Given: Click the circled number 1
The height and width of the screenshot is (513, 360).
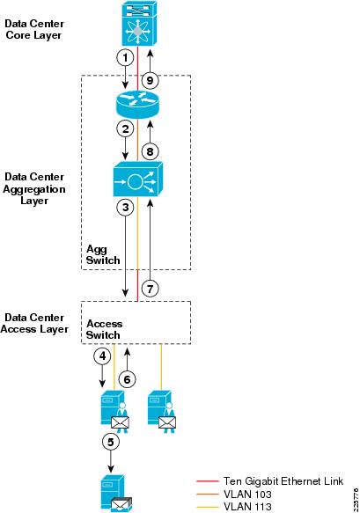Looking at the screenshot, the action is pos(125,58).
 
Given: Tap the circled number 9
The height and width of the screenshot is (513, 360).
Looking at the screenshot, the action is pos(150,80).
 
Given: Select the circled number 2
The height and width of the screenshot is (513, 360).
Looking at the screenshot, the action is pos(125,128).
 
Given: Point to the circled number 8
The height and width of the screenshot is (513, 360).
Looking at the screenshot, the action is pos(150,151).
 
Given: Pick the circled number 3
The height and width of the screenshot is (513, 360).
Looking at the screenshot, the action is pos(125,208).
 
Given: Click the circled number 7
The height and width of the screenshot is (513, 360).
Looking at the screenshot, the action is pos(150,289).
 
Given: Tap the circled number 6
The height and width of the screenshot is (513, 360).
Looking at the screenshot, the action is pos(127,379).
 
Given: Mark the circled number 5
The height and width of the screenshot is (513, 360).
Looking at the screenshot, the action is pos(111,442).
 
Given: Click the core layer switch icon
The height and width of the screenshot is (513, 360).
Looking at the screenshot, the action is pos(139,24).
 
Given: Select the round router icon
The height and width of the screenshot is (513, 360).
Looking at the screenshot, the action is pos(138,104).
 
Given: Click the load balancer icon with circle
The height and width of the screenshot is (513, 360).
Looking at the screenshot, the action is pos(138,180).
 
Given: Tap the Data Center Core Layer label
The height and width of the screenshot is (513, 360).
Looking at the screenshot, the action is pos(34,29).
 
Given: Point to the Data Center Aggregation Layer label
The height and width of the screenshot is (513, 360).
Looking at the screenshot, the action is pos(34,189).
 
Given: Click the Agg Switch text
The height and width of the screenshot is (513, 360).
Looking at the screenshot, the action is pos(103,254).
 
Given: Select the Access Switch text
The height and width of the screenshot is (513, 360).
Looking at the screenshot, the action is pos(104,329).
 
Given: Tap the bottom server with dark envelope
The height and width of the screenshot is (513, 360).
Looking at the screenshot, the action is pos(116,494).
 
